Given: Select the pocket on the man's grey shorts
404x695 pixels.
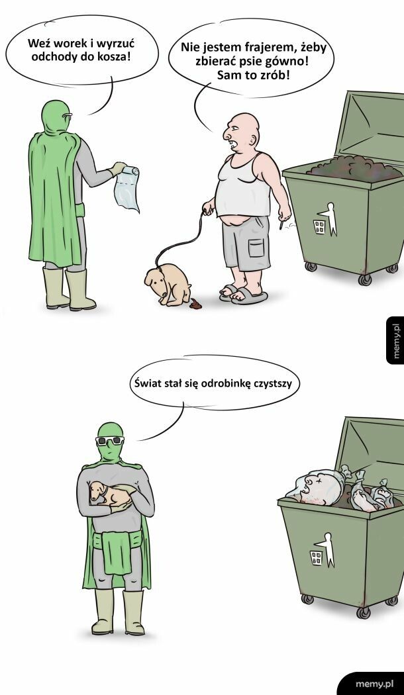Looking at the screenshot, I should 255,251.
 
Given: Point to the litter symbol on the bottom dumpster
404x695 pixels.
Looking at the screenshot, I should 323,551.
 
